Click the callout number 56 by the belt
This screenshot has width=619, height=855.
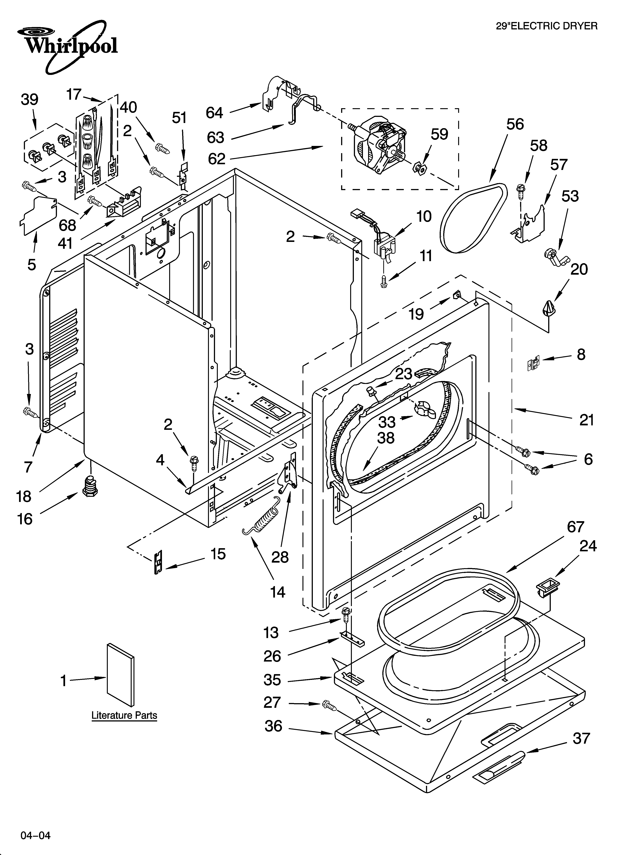(515, 124)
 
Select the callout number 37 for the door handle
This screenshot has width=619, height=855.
(581, 738)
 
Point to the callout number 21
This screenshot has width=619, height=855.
(587, 420)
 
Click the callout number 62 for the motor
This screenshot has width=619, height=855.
(217, 159)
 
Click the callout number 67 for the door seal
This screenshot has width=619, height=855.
(576, 527)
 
